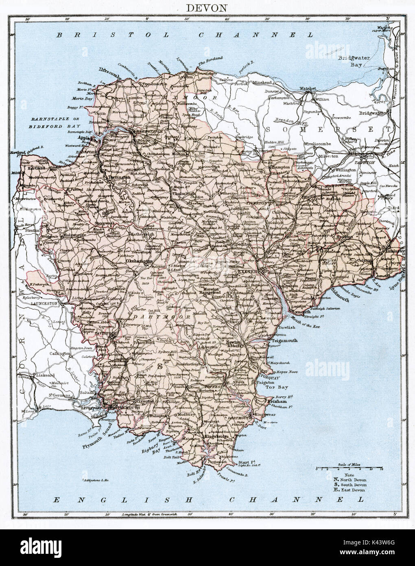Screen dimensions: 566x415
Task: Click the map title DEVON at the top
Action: point(207,8)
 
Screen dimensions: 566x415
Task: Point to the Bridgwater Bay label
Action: point(356,61)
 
